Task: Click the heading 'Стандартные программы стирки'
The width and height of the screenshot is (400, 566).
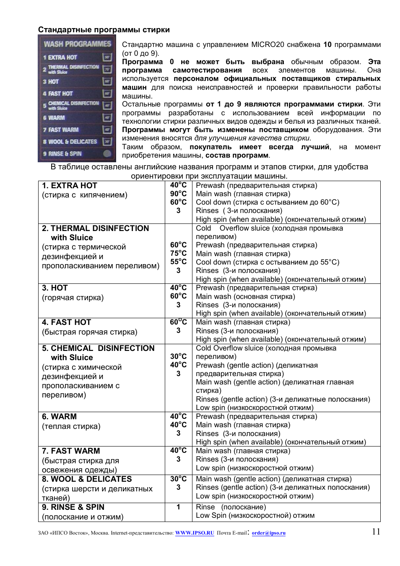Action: (x=104, y=30)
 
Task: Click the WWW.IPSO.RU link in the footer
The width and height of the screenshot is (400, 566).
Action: (x=195, y=533)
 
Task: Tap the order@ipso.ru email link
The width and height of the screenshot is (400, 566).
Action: (x=268, y=533)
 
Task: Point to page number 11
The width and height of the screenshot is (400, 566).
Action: (x=376, y=532)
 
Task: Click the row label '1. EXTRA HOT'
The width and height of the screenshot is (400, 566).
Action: (x=69, y=186)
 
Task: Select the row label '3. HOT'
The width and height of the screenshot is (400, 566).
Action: (x=55, y=288)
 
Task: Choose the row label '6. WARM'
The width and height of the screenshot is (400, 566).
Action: (x=59, y=417)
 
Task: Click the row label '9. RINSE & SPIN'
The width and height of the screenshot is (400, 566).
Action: (x=73, y=507)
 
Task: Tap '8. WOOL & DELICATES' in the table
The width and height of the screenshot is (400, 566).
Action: (x=87, y=479)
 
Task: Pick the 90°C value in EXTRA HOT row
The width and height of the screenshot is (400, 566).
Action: (x=178, y=194)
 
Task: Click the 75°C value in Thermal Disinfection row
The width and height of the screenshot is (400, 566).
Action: (x=178, y=253)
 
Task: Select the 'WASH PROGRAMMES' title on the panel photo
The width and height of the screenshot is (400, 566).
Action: (x=77, y=44)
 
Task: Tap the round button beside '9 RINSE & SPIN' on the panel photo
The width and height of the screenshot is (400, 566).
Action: (x=107, y=153)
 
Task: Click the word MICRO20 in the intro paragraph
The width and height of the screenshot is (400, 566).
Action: (x=268, y=44)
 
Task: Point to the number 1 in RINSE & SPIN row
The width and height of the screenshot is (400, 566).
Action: (x=178, y=507)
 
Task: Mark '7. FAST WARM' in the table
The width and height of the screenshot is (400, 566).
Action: (x=71, y=451)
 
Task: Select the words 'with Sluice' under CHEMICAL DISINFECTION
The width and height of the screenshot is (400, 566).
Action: (x=72, y=358)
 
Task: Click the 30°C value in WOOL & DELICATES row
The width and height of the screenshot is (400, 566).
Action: (x=178, y=479)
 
